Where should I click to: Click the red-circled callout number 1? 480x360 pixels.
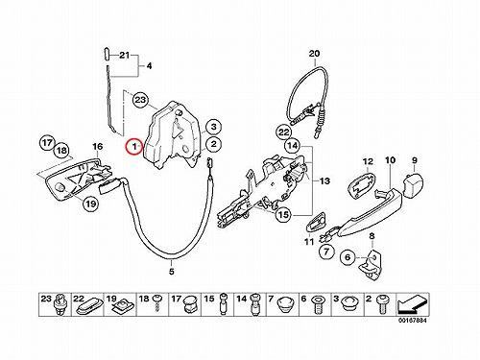[134, 147]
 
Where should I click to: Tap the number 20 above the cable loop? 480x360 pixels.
[314, 54]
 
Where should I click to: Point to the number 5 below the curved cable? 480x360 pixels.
[172, 272]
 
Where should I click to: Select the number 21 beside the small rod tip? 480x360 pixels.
[124, 55]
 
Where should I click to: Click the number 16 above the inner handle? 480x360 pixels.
[98, 146]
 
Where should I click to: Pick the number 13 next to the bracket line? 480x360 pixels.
[324, 181]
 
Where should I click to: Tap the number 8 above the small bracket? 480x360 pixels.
[372, 236]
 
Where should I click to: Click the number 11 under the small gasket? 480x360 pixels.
[309, 242]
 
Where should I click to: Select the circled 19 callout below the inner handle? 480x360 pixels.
[91, 204]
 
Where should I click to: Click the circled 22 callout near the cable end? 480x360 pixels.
[284, 132]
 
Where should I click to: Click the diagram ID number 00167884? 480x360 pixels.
[412, 320]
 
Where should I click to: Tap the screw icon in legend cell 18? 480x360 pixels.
[157, 303]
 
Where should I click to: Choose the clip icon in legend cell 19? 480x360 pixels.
[120, 305]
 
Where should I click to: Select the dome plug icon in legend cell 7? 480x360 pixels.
[285, 304]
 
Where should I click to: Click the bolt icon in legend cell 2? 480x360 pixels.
[382, 303]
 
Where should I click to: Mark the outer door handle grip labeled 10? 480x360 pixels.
[367, 212]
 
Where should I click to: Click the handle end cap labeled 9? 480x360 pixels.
[413, 184]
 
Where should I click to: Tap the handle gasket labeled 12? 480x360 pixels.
[362, 186]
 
